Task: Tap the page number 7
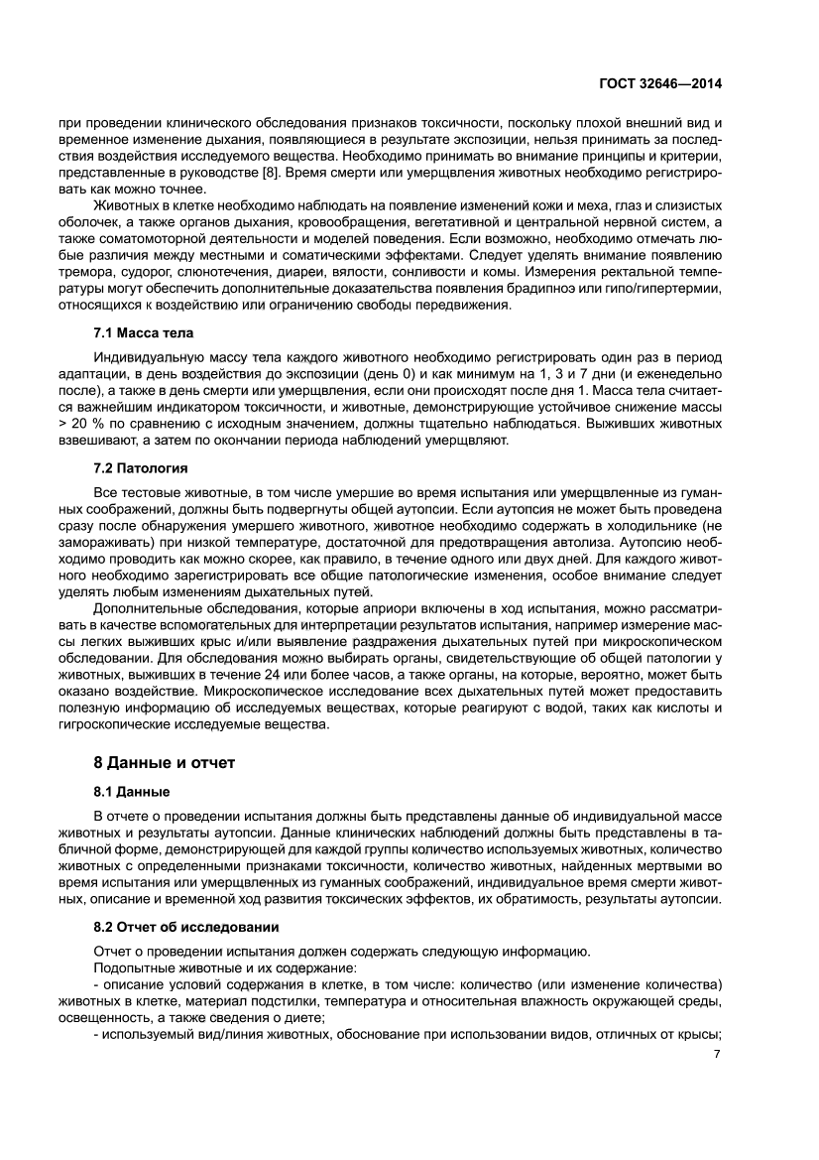click(716, 1054)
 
